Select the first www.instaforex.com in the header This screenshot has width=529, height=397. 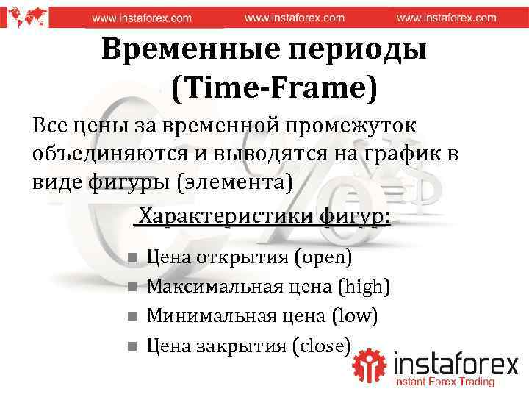coord(141,17)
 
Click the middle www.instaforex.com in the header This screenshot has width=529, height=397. coord(294,17)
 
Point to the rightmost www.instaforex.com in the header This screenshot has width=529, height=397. coord(446,17)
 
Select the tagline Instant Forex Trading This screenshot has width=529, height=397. coord(443,382)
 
